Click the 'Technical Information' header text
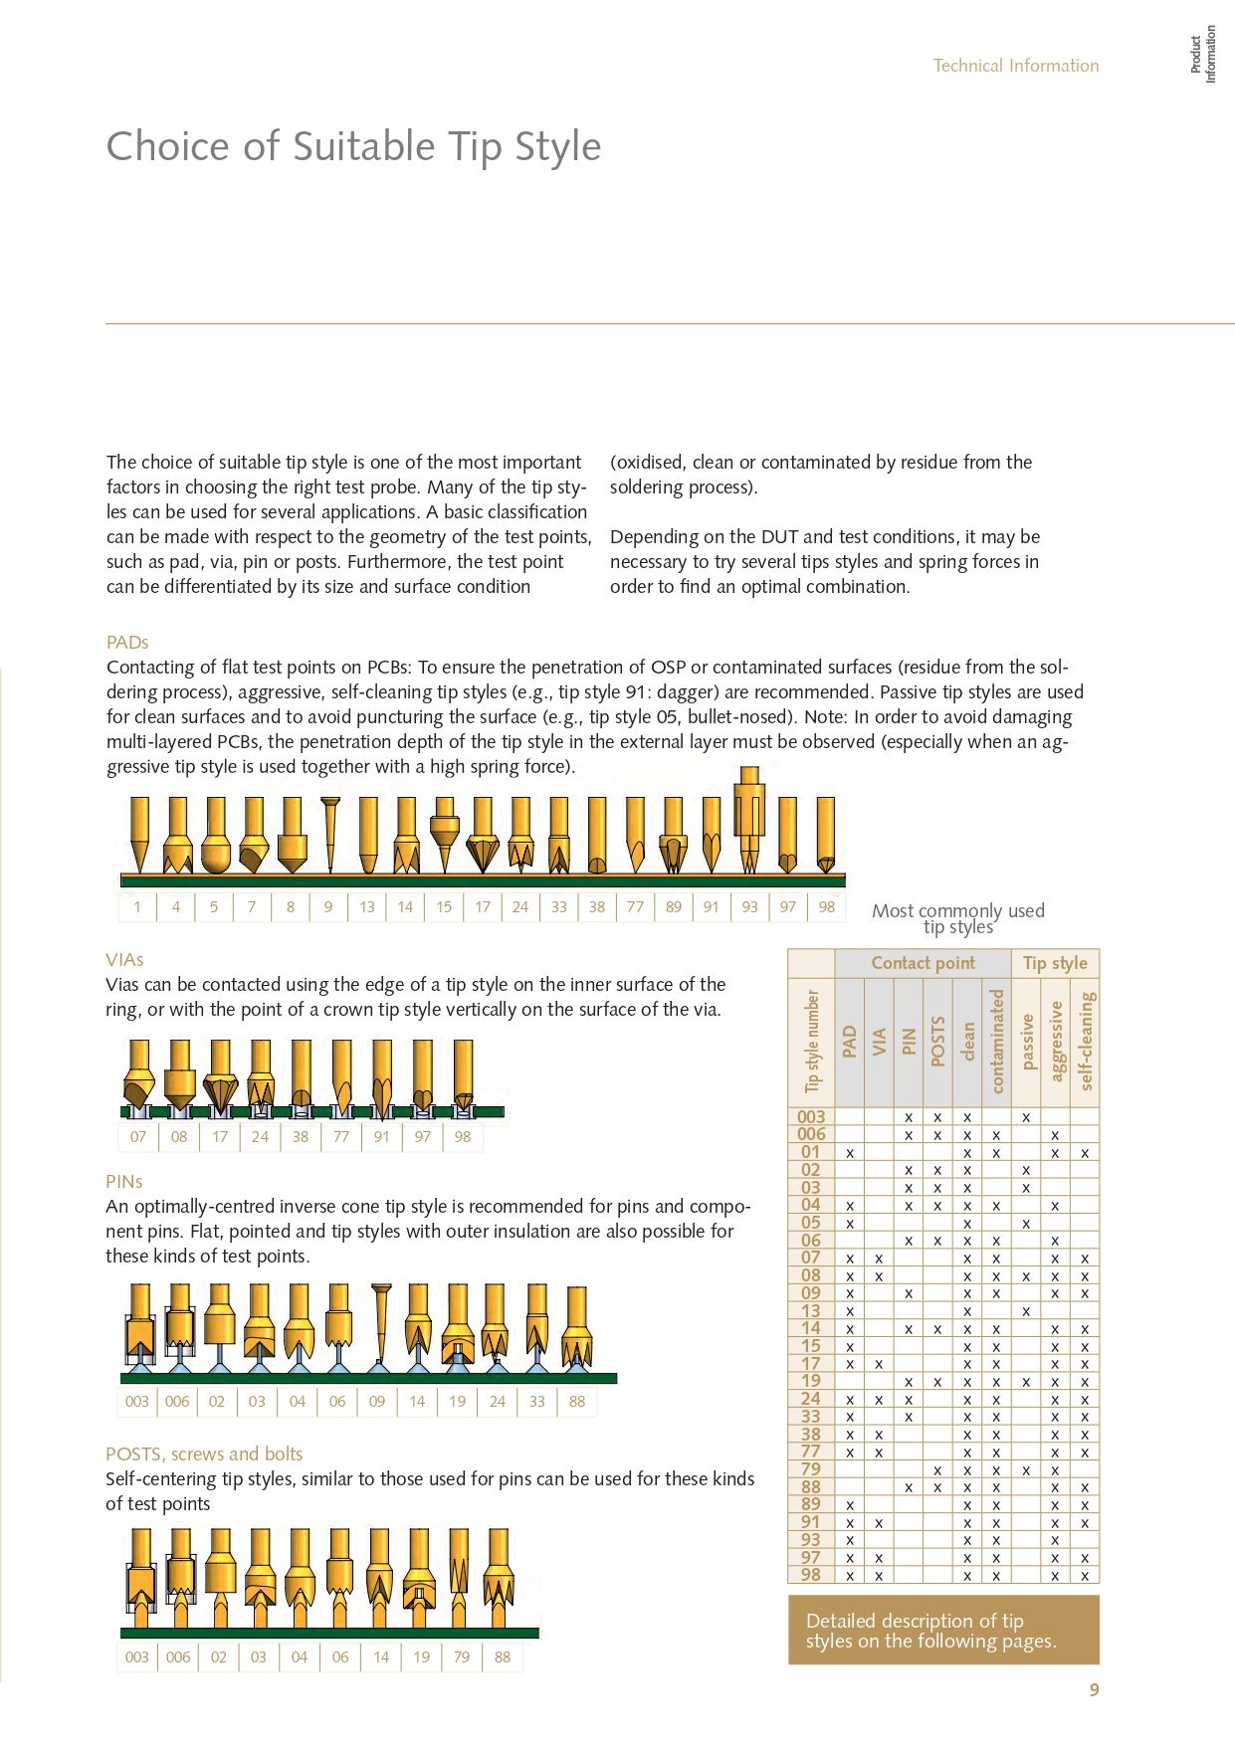point(1015,66)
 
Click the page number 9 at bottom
point(1094,1689)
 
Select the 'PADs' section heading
point(127,643)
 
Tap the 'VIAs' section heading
point(124,960)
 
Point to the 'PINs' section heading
point(124,1182)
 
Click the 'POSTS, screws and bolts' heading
point(204,1454)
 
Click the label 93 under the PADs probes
point(749,906)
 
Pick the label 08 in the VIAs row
point(179,1136)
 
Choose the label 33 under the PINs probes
point(537,1401)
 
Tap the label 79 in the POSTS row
point(462,1656)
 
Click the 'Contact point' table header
point(923,963)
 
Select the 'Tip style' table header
point(1055,963)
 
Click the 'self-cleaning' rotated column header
point(1085,1041)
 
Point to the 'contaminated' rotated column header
point(997,1041)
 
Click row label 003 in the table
point(811,1117)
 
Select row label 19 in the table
point(811,1381)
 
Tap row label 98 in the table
point(811,1575)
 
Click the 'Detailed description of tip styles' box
point(942,1631)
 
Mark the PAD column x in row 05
point(850,1223)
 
